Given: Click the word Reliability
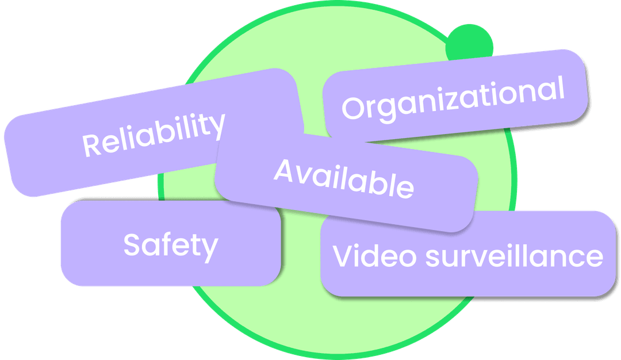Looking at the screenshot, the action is tap(154, 134).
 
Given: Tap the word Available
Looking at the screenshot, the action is tap(344, 178).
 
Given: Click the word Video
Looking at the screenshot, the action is tap(374, 255).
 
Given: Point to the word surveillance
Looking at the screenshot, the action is tap(514, 255).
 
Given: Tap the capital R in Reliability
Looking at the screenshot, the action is tap(92, 144).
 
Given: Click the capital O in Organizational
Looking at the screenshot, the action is tap(353, 108).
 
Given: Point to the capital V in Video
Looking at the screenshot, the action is tap(344, 255).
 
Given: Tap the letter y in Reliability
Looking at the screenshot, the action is tap(216, 126).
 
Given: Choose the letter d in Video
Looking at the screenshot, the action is tap(373, 255).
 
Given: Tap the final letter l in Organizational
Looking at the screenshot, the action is tap(561, 87).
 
